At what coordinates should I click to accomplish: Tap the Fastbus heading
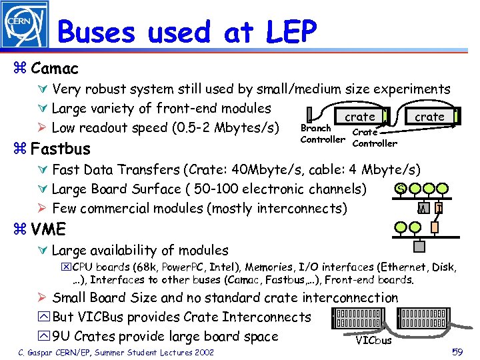click(60, 148)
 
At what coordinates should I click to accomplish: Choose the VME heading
click(49, 230)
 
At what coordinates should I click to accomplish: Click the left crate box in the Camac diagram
click(359, 117)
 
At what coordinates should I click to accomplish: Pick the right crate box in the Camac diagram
click(429, 117)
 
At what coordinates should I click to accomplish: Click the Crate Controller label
click(374, 138)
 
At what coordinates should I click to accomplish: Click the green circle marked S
click(400, 189)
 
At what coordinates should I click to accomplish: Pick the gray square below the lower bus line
click(419, 247)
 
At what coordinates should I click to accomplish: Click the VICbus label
click(374, 340)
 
